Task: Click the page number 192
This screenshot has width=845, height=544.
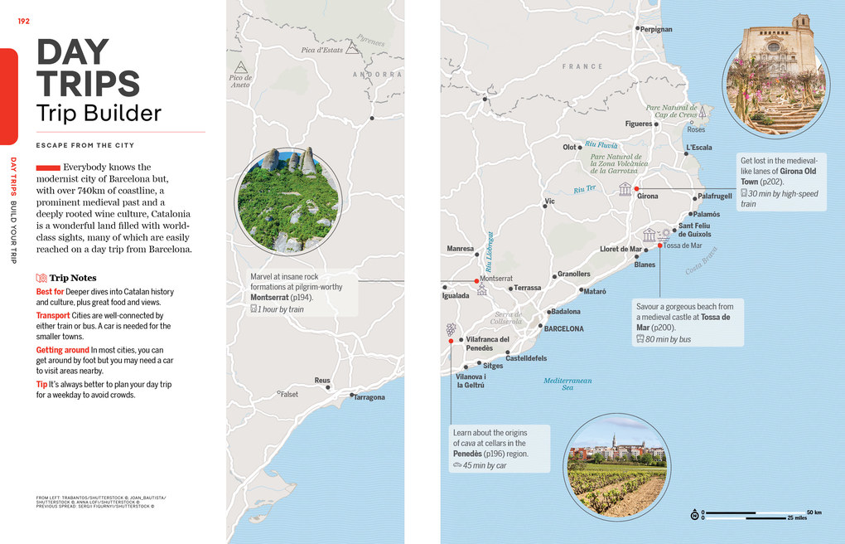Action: (23, 21)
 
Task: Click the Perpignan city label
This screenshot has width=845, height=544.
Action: (656, 29)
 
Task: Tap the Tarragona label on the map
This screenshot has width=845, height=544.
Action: (369, 397)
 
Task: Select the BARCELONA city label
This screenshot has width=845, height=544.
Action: (563, 329)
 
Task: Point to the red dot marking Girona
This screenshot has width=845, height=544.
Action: (636, 189)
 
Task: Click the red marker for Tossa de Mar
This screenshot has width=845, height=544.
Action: (660, 245)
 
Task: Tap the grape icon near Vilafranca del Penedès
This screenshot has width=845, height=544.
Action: (451, 328)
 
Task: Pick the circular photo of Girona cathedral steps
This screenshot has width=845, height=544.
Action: (775, 85)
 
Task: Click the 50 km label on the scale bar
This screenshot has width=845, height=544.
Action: (814, 512)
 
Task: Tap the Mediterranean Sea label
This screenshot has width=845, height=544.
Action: (567, 384)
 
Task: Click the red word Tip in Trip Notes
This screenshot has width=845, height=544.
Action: (41, 385)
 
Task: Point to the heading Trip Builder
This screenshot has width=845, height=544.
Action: (99, 113)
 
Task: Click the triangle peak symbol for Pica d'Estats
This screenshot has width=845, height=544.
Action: (352, 48)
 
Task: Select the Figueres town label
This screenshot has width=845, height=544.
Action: (638, 124)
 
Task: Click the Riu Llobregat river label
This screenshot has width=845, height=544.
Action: (490, 251)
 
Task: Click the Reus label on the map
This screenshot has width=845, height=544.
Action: (322, 381)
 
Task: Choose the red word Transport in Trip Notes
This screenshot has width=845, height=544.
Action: (53, 315)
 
